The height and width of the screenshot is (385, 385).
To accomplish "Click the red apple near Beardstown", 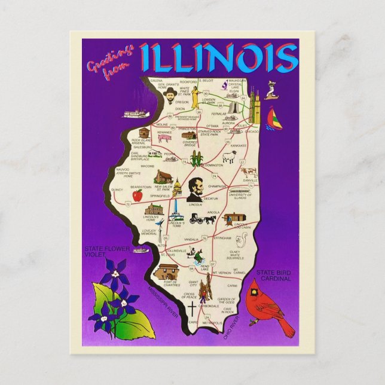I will coord(137,195).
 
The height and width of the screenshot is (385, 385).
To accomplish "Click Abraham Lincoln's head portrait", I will coord(195,190).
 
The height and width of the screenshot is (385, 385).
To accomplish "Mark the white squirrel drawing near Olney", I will coord(242,240).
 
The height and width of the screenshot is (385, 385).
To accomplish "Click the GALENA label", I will coord(156,80).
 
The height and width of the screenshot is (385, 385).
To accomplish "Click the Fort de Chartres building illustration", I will coord(164,273).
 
